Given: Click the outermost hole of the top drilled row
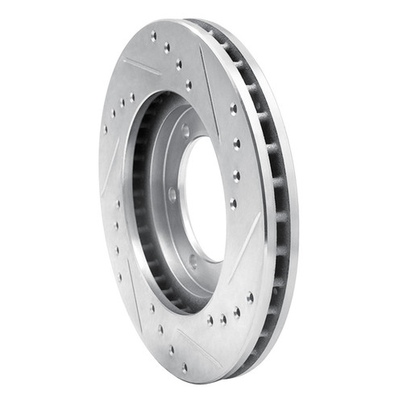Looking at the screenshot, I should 153,36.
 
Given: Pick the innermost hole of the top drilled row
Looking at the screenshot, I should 189,84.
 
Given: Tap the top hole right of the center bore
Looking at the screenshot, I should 233,109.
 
